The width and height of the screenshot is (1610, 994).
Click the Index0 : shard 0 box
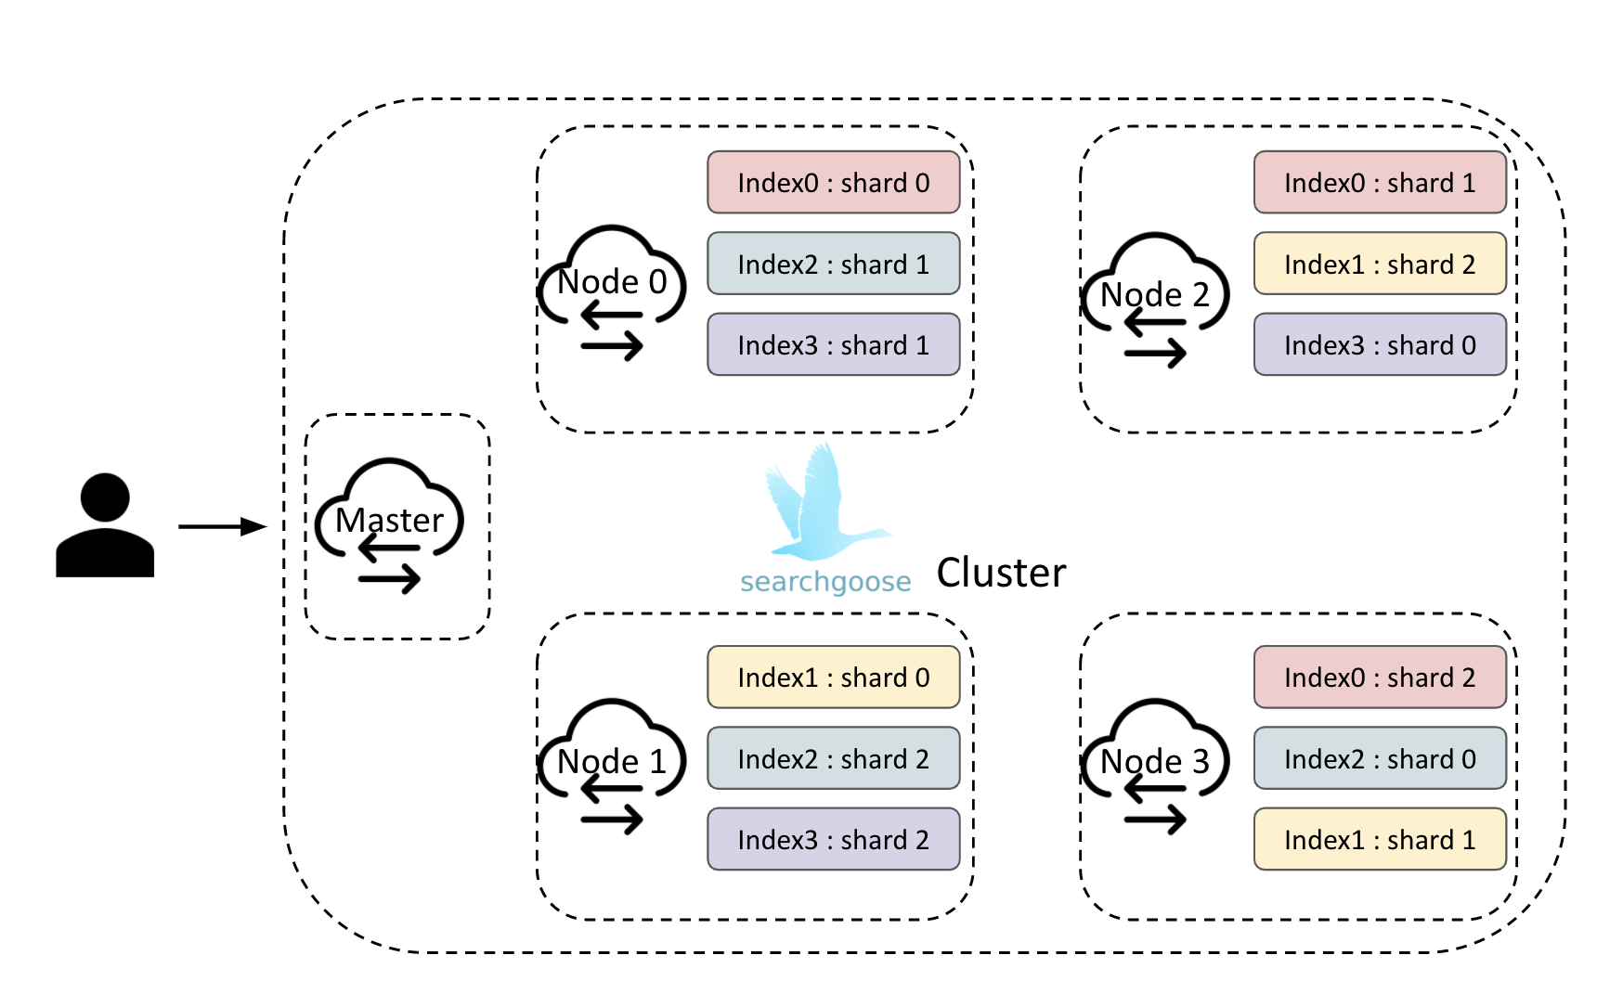833,183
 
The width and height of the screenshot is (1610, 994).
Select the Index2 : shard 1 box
833,264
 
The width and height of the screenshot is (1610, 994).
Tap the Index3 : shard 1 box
833,344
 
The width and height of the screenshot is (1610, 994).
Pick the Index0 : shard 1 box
1380,183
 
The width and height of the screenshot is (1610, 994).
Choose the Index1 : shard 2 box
1380,264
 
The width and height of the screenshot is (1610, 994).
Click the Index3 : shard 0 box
1380,344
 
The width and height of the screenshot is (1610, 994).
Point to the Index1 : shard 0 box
833,678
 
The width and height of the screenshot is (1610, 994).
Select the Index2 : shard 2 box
833,758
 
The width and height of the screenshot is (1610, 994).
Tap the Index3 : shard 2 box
833,839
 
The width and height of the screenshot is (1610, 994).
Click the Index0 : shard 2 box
1380,678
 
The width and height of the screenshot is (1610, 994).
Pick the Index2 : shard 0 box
1380,758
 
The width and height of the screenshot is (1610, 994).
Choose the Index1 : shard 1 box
1380,839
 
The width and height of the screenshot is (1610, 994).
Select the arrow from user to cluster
222,526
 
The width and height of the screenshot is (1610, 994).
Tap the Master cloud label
389,521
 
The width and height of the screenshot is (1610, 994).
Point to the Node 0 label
612,282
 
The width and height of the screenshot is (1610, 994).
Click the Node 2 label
1155,295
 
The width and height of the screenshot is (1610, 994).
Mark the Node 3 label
1155,762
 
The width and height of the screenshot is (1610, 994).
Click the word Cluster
1001,573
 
